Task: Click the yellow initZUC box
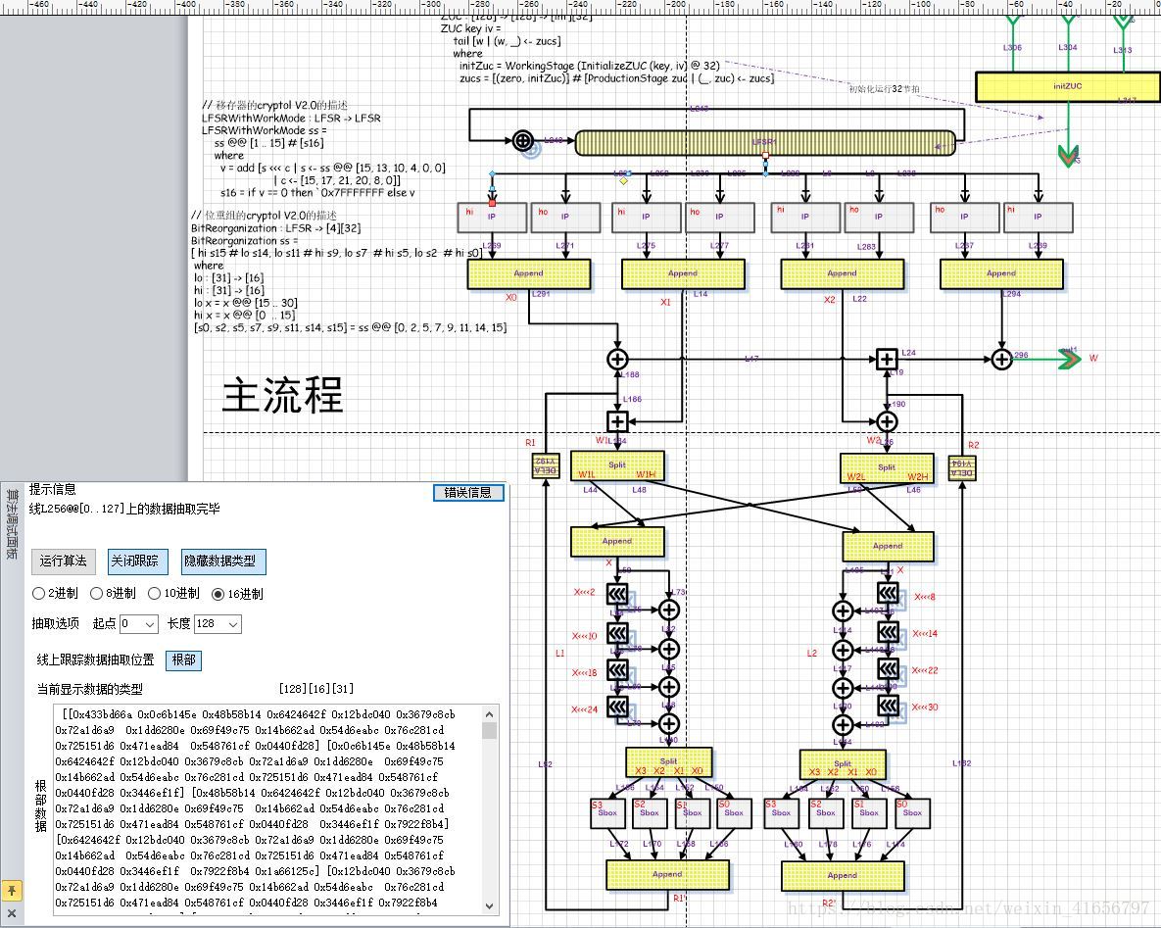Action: click(1067, 86)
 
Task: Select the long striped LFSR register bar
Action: click(764, 143)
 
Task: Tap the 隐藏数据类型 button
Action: click(219, 562)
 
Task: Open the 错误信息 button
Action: click(468, 492)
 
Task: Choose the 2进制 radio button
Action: click(39, 593)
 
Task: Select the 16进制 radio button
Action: click(218, 593)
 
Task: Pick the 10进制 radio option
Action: click(155, 593)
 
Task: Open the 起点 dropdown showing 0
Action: click(138, 624)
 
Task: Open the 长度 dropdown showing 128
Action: click(218, 624)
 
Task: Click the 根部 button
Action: click(183, 660)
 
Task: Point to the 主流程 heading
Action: click(282, 395)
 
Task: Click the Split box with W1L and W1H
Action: click(617, 465)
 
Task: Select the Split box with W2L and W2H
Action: click(887, 467)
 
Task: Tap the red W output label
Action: click(1093, 359)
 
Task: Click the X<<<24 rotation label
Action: click(585, 709)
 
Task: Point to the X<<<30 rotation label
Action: click(925, 708)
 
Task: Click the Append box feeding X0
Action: click(529, 274)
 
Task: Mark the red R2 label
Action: click(973, 445)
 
